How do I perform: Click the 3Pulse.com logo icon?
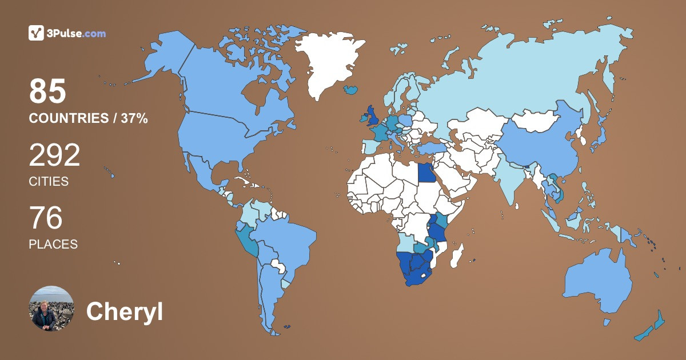[37, 33]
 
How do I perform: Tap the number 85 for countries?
[48, 91]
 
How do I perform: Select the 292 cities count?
[54, 155]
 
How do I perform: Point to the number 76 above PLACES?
[46, 218]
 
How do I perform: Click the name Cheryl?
[124, 311]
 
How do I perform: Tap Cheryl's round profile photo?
[51, 309]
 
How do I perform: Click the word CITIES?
[49, 182]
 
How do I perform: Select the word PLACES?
[53, 244]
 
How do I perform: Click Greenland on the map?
[329, 63]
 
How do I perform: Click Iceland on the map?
[352, 90]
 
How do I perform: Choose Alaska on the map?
[166, 57]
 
